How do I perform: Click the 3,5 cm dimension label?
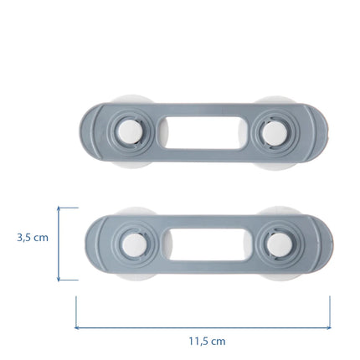[33, 238]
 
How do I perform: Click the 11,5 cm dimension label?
[207, 341]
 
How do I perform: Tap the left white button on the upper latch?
[130, 132]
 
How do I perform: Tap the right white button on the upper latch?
[275, 133]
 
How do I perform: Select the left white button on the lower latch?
[134, 244]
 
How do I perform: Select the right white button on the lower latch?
[279, 244]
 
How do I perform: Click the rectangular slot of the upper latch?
[203, 132]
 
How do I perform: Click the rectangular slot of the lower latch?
[208, 244]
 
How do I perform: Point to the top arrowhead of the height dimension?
[59, 208]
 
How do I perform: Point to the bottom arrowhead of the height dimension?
[59, 280]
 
